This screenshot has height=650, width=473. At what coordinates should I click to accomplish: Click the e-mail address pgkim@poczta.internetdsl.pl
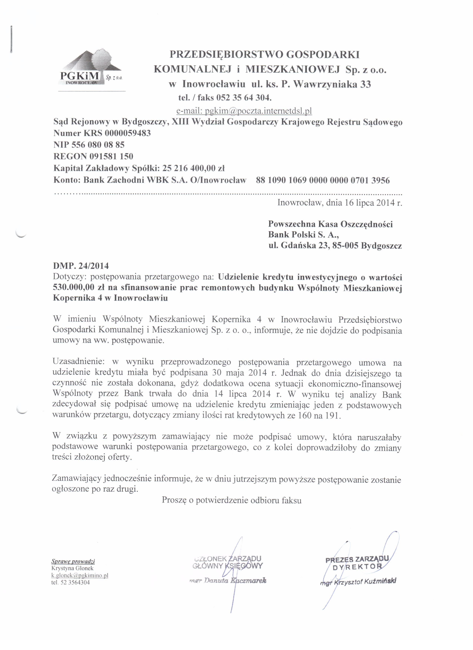click(244, 111)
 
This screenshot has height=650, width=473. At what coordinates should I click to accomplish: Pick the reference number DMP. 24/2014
click(81, 266)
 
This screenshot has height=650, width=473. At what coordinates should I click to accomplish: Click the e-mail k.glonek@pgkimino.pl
click(80, 576)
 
